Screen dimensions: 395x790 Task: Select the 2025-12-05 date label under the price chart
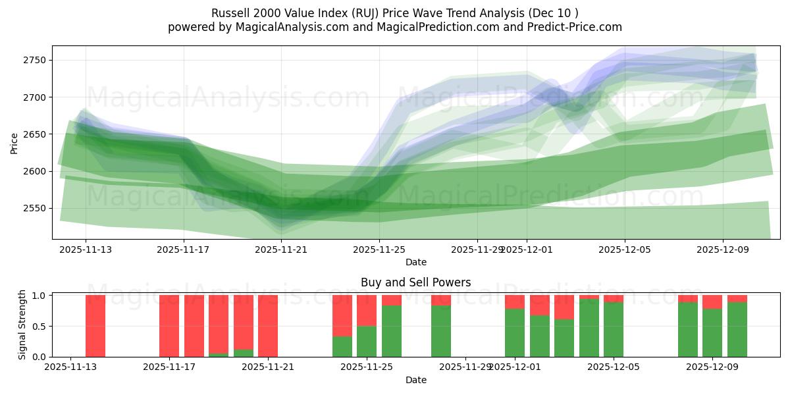pos(625,250)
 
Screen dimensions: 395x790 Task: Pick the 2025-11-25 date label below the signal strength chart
pos(367,367)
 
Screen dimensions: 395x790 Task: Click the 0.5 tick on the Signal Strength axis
pos(39,326)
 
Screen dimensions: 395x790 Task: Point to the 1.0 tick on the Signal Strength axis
pos(39,296)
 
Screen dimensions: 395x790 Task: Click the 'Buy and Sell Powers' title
pos(415,282)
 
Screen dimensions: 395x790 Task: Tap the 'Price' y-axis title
pos(14,142)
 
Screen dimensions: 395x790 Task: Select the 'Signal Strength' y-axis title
pos(22,325)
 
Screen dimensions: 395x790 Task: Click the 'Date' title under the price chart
pos(415,262)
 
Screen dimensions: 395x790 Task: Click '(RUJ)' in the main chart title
pos(355,13)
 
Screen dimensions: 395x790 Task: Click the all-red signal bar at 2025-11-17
pos(169,326)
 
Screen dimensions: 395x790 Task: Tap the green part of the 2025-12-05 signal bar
pos(614,329)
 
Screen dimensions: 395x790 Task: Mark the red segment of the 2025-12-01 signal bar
pos(515,302)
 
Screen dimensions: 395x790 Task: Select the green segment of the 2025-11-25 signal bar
pos(367,341)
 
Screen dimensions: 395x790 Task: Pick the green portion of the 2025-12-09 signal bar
pos(712,332)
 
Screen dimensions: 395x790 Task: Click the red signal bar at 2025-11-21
pos(268,326)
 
